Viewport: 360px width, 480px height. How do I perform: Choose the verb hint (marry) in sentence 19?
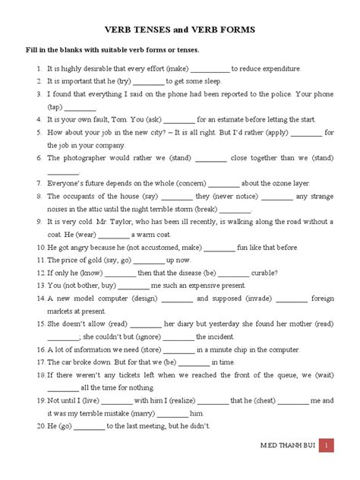pos(141,413)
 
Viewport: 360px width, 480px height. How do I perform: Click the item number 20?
pos(40,426)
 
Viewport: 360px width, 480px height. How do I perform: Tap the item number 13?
pos(40,286)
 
